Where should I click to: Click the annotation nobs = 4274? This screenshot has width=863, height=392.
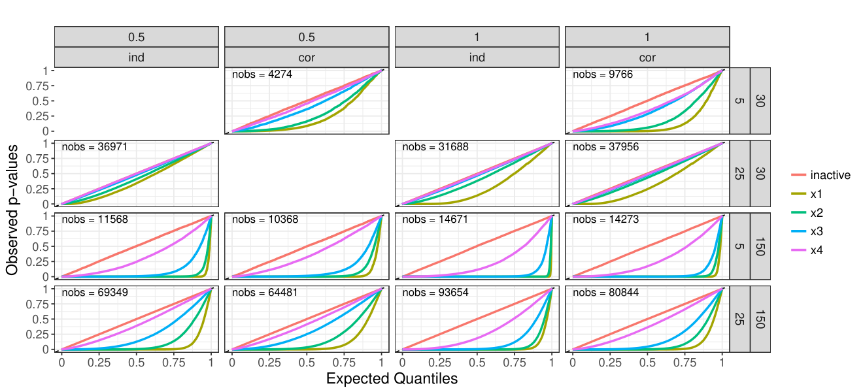click(262, 74)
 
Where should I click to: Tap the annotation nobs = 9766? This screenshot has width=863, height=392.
click(603, 74)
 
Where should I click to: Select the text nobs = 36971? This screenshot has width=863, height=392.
click(94, 147)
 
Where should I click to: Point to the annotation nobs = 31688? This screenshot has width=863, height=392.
click(435, 147)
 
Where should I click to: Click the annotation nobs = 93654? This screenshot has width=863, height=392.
click(435, 292)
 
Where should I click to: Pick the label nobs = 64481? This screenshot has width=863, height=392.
click(265, 292)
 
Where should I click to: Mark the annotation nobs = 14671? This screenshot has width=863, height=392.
click(435, 219)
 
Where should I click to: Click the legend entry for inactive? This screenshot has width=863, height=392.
click(821, 175)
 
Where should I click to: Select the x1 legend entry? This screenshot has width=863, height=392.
click(807, 193)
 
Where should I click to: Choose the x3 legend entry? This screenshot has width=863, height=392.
click(807, 231)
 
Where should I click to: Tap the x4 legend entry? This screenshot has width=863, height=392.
click(807, 250)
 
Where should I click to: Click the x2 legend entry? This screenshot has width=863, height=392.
click(807, 212)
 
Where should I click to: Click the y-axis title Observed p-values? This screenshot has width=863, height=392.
click(12, 210)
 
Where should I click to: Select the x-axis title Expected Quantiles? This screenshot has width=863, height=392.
click(392, 378)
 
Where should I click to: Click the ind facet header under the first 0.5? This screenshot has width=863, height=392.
click(137, 57)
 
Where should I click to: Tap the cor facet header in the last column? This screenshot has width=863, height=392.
click(647, 57)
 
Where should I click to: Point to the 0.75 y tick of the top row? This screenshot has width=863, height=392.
click(37, 86)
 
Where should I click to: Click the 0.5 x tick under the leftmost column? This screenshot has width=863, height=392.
click(137, 363)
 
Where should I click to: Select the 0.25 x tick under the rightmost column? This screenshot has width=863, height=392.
click(610, 363)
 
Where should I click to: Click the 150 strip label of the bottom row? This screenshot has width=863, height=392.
click(760, 319)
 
